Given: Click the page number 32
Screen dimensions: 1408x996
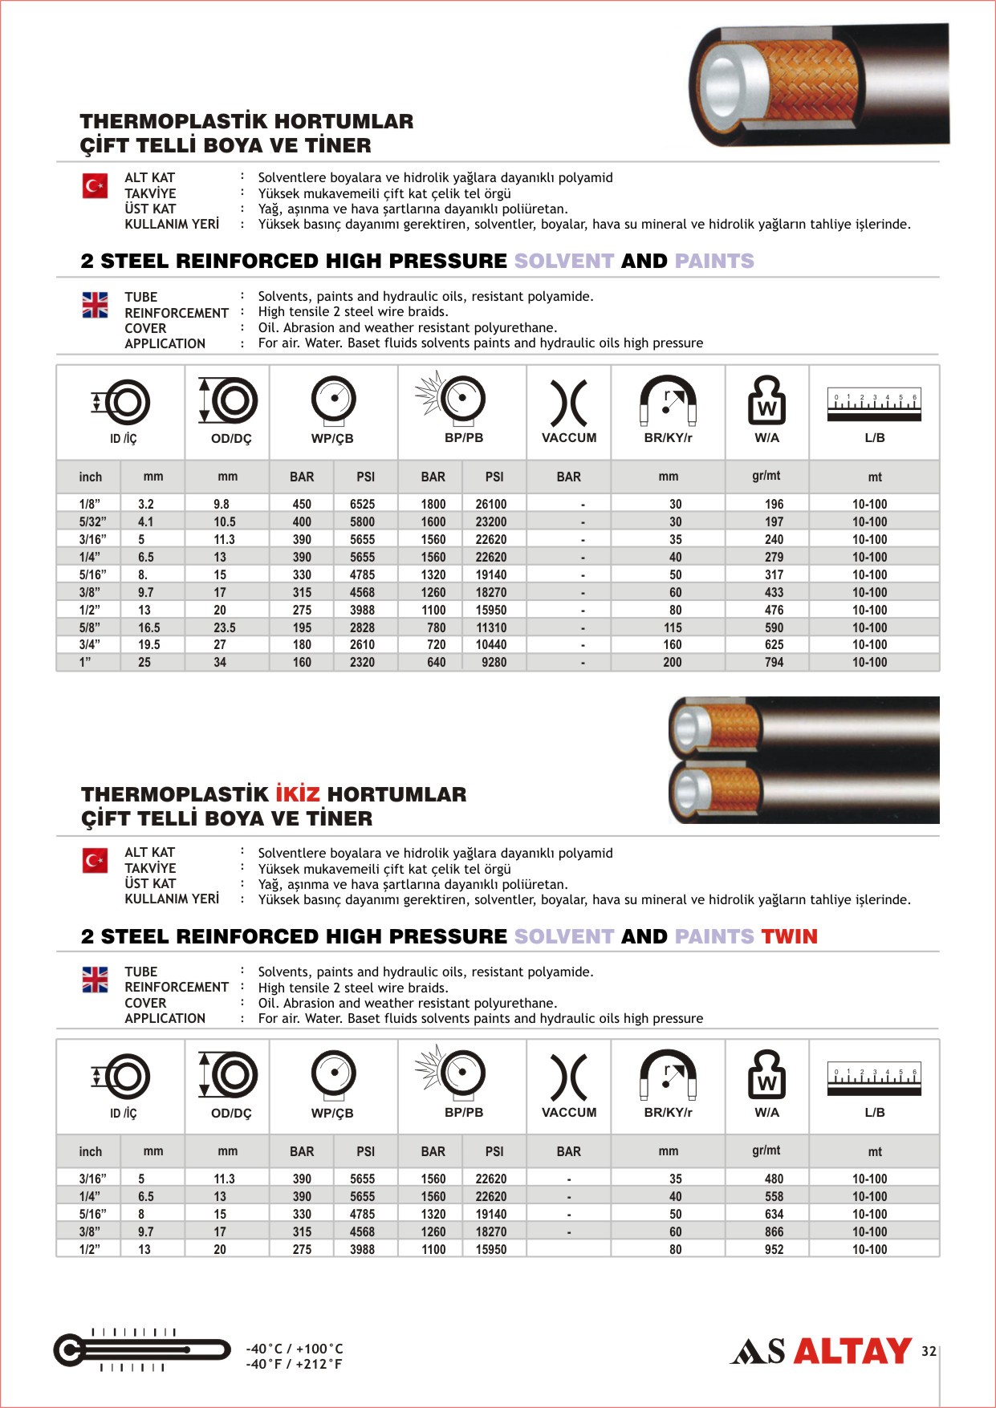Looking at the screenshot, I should pyautogui.click(x=929, y=1351).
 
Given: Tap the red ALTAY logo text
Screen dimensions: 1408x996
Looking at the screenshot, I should pyautogui.click(x=852, y=1351).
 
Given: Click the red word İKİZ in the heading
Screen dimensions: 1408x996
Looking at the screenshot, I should pyautogui.click(x=298, y=794).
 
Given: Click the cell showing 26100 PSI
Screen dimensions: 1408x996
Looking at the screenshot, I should pyautogui.click(x=490, y=504).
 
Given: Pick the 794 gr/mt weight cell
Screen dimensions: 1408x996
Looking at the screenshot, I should pyautogui.click(x=774, y=663).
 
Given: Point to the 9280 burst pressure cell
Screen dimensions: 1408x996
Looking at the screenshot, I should pyautogui.click(x=494, y=663).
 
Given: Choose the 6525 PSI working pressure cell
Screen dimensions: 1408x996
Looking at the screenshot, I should pyautogui.click(x=362, y=504).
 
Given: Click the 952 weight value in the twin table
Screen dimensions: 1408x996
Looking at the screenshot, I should pyautogui.click(x=774, y=1249).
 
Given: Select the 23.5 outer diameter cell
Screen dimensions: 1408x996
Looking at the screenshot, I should pyautogui.click(x=225, y=627).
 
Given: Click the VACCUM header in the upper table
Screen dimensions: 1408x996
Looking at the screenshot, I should pyautogui.click(x=569, y=438).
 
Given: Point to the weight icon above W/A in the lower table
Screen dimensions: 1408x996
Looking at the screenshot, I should pyautogui.click(x=766, y=1074).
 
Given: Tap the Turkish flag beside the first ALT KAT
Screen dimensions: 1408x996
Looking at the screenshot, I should pyautogui.click(x=95, y=186).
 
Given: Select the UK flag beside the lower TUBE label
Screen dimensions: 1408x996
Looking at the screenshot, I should pyautogui.click(x=95, y=979).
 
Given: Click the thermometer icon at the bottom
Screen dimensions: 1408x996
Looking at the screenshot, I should pyautogui.click(x=140, y=1350).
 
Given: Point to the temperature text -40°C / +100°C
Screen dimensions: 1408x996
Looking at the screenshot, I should pyautogui.click(x=295, y=1349).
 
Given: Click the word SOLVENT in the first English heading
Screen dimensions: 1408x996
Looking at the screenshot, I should pyautogui.click(x=563, y=261).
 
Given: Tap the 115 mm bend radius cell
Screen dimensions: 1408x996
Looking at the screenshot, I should pyautogui.click(x=673, y=627).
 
